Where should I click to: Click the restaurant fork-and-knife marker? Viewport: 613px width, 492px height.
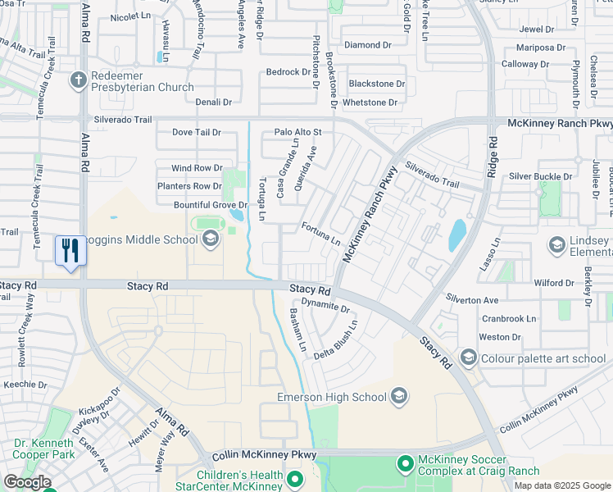pyautogui.click(x=70, y=249)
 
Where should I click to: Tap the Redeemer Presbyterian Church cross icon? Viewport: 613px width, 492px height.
pyautogui.click(x=79, y=80)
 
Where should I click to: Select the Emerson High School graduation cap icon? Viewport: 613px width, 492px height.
pyautogui.click(x=399, y=397)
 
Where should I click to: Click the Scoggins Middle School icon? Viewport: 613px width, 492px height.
pyautogui.click(x=210, y=239)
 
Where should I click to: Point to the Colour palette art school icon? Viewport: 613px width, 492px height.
pyautogui.click(x=468, y=358)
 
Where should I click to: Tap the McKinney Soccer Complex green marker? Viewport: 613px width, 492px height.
pyautogui.click(x=405, y=464)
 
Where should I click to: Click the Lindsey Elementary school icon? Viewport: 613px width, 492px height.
pyautogui.click(x=557, y=245)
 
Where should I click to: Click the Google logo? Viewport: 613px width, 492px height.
pyautogui.click(x=27, y=482)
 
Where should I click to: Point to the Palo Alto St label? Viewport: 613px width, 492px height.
pyautogui.click(x=298, y=132)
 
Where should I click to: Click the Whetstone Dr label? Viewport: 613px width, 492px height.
pyautogui.click(x=370, y=102)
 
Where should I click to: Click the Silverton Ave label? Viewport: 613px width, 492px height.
pyautogui.click(x=472, y=300)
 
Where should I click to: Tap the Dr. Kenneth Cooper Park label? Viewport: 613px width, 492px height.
pyautogui.click(x=44, y=449)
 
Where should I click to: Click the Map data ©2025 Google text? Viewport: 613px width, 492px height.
pyautogui.click(x=561, y=485)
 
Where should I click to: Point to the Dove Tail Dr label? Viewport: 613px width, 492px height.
pyautogui.click(x=196, y=132)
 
